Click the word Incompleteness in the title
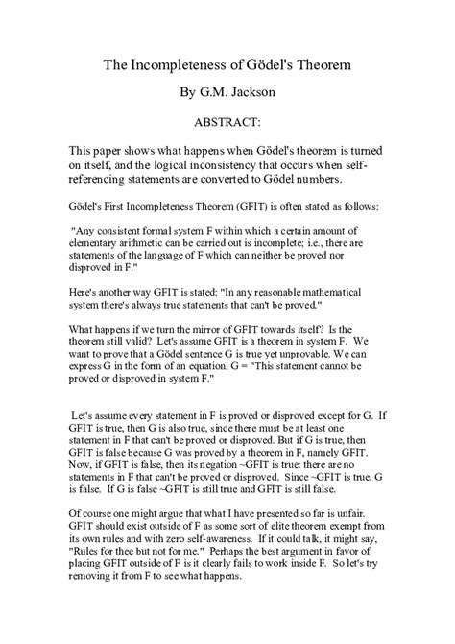192,66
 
